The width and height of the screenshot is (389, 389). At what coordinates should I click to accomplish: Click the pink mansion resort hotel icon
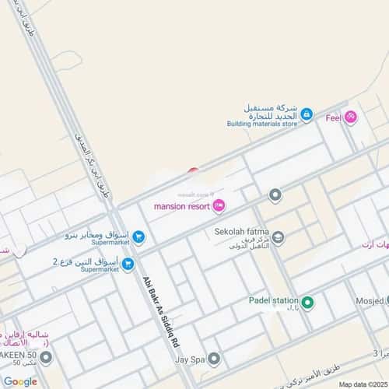click(219, 206)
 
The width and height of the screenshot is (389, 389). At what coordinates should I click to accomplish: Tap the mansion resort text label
click(180, 207)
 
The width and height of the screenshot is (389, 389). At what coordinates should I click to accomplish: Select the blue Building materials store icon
click(307, 115)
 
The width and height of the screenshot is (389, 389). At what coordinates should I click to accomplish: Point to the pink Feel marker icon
click(351, 117)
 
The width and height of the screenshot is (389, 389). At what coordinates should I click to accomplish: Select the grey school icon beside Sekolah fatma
click(278, 239)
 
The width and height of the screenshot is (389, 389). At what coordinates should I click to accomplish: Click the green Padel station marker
click(307, 302)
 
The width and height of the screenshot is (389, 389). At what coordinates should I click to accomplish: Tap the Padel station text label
click(274, 300)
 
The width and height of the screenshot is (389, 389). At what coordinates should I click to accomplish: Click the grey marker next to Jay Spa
click(214, 358)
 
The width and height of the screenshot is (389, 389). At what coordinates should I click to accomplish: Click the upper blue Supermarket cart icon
click(138, 237)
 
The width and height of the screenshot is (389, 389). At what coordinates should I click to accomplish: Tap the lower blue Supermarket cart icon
click(128, 265)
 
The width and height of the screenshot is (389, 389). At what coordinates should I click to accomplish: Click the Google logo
click(19, 381)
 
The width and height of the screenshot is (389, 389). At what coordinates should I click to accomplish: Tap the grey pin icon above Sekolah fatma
click(274, 194)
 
